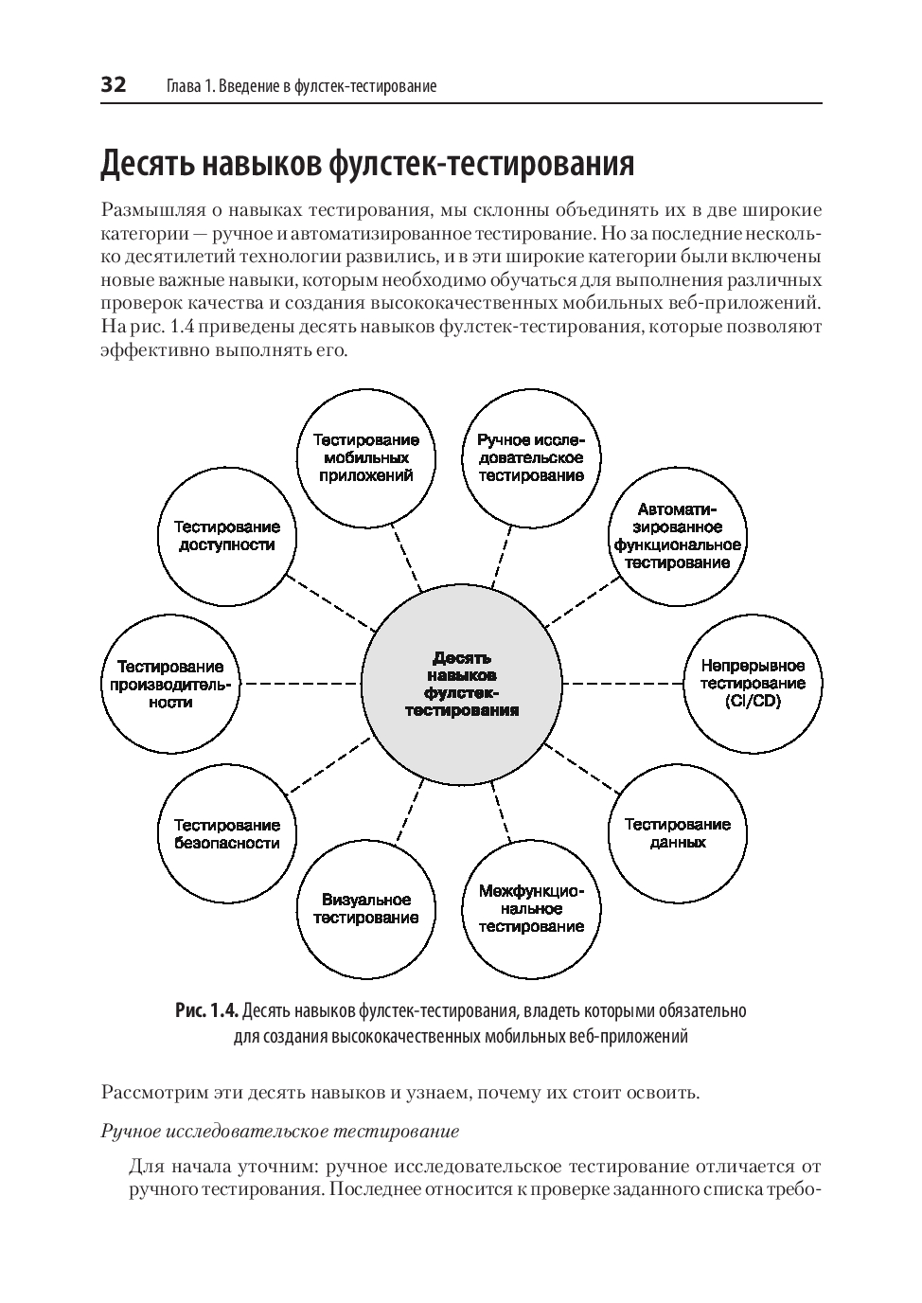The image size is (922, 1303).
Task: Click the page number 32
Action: tap(114, 85)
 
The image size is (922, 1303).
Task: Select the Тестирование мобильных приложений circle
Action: tap(366, 458)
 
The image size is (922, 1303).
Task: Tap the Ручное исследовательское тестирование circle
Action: tap(530, 458)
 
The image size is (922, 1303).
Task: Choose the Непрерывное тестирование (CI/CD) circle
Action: tap(753, 683)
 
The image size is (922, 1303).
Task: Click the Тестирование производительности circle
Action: tap(170, 683)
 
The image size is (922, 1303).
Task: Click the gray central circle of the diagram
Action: tap(462, 683)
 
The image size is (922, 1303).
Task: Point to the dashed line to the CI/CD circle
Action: tap(622, 683)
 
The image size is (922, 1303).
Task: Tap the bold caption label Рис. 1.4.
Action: tap(205, 1010)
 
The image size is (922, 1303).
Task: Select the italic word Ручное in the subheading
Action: tap(130, 1131)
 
